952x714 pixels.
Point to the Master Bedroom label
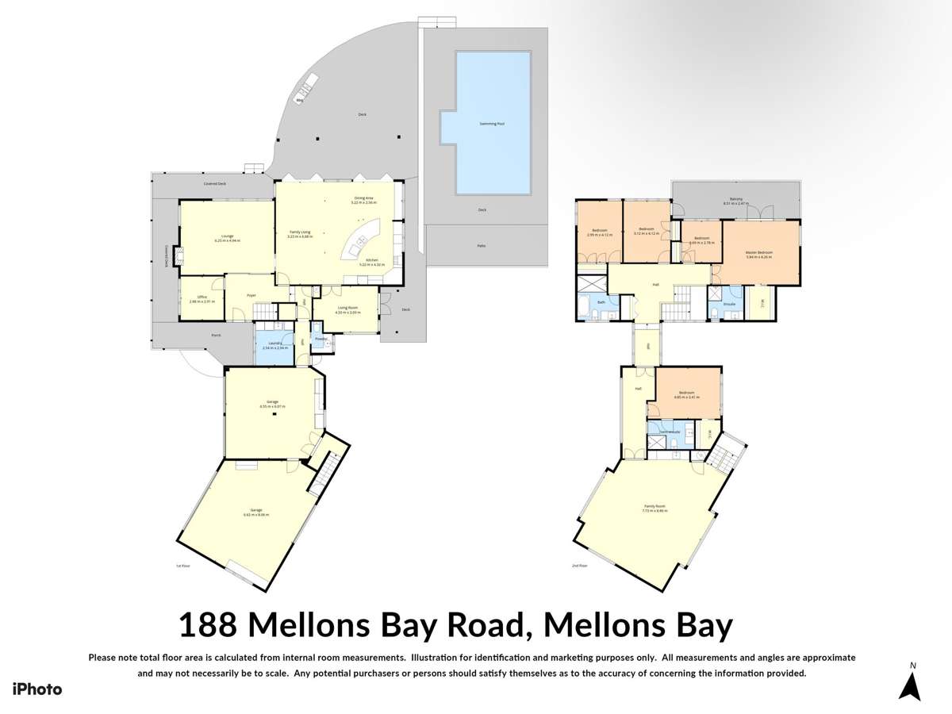tap(759, 254)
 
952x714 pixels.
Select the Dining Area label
tap(363, 198)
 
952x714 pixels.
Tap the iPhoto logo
tap(36, 689)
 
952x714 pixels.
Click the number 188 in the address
tap(207, 625)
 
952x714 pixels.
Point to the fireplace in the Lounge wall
tap(177, 255)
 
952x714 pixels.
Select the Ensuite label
tap(729, 304)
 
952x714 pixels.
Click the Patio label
tap(481, 245)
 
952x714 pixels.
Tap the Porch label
tap(216, 336)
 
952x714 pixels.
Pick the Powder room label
tap(321, 339)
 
